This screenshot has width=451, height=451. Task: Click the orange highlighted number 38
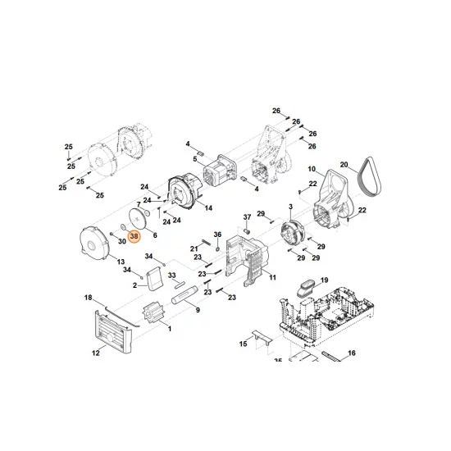tap(134, 236)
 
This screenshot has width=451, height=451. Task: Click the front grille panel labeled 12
tap(113, 330)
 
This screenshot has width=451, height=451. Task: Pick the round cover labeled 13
tap(94, 242)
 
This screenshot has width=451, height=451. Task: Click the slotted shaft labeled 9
tap(184, 294)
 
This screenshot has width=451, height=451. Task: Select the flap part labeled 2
tap(155, 277)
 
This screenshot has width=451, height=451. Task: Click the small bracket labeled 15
tap(262, 337)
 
